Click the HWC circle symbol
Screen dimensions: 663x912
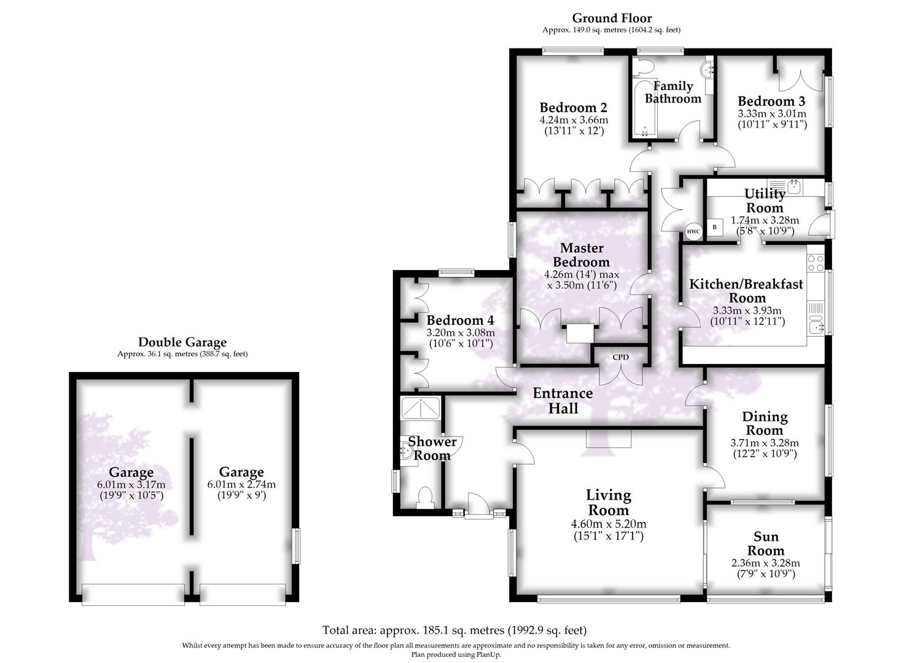pyautogui.click(x=693, y=231)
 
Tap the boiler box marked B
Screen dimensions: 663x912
pyautogui.click(x=714, y=227)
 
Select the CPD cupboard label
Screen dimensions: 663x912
pyautogui.click(x=620, y=357)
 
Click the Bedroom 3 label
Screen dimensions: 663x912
pyautogui.click(x=771, y=101)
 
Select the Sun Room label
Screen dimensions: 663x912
pyautogui.click(x=765, y=543)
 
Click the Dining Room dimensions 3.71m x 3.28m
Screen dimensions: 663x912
pyautogui.click(x=765, y=443)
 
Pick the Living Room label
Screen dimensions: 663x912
pyautogui.click(x=608, y=502)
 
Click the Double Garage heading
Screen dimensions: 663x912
pyautogui.click(x=182, y=343)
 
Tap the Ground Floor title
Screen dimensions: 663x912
pyautogui.click(x=612, y=18)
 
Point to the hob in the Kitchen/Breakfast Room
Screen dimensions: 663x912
pyautogui.click(x=816, y=263)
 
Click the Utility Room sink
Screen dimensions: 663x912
pyautogui.click(x=793, y=186)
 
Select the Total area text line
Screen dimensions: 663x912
pyautogui.click(x=454, y=630)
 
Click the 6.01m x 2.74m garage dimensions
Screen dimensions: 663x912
pyautogui.click(x=241, y=484)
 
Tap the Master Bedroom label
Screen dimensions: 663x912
pyautogui.click(x=582, y=255)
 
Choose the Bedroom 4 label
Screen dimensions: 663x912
pyautogui.click(x=460, y=320)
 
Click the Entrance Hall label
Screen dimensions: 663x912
pyautogui.click(x=563, y=400)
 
